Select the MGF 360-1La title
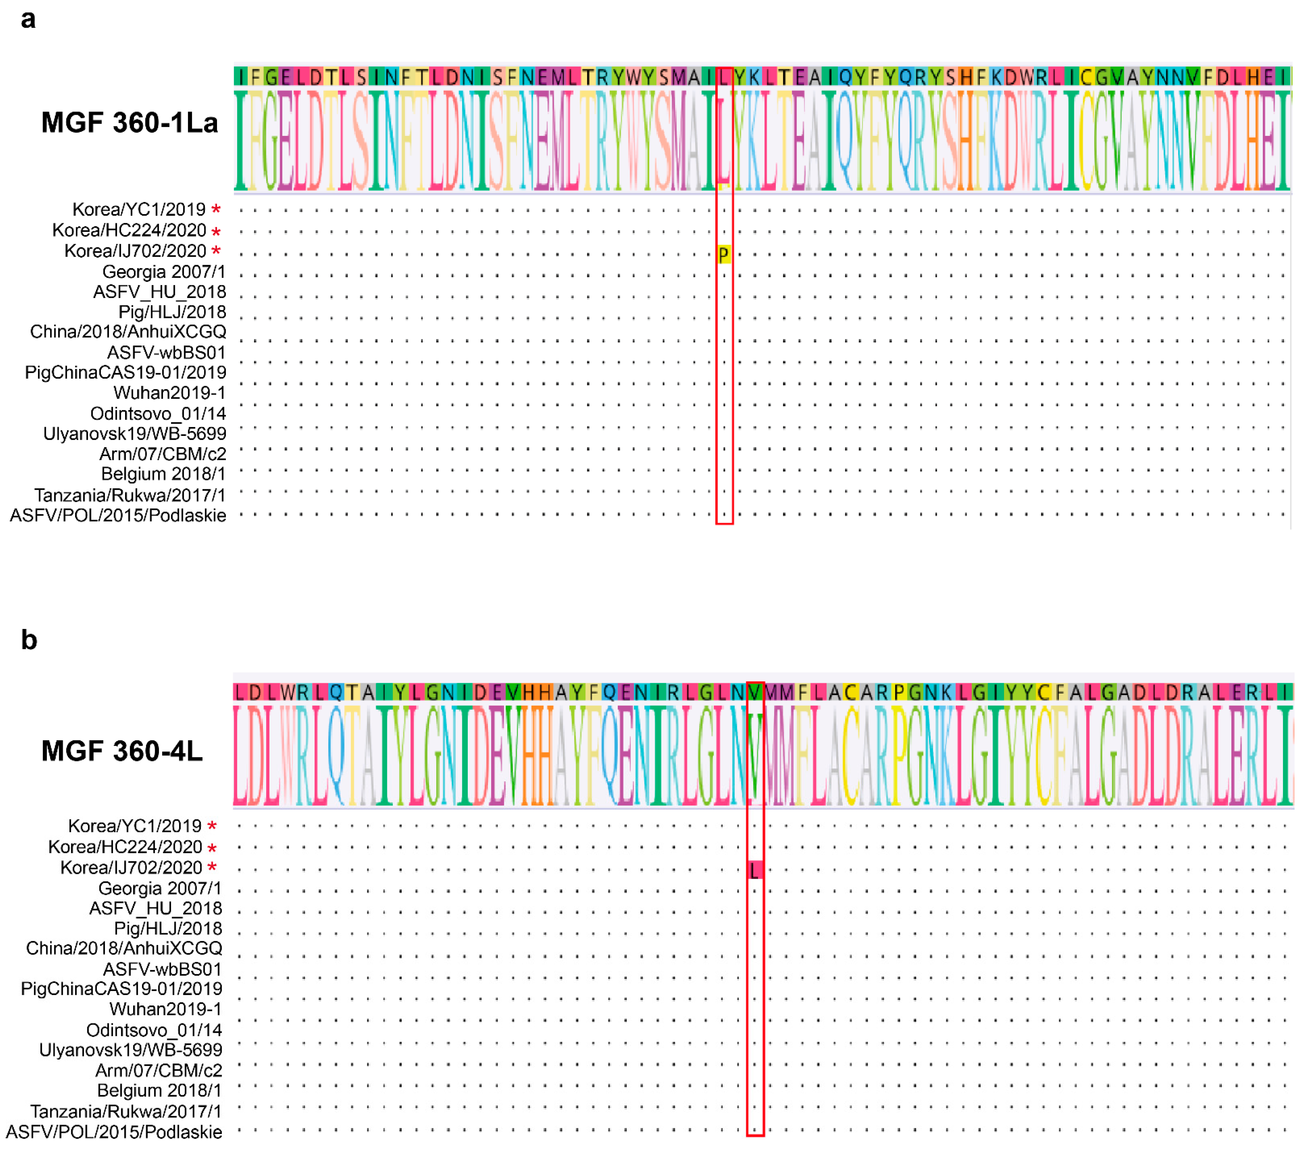coord(130,122)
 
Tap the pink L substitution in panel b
coord(754,870)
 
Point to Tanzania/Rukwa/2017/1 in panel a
coord(130,495)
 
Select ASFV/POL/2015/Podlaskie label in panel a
coord(118,515)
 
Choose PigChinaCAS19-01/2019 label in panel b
coord(122,989)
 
